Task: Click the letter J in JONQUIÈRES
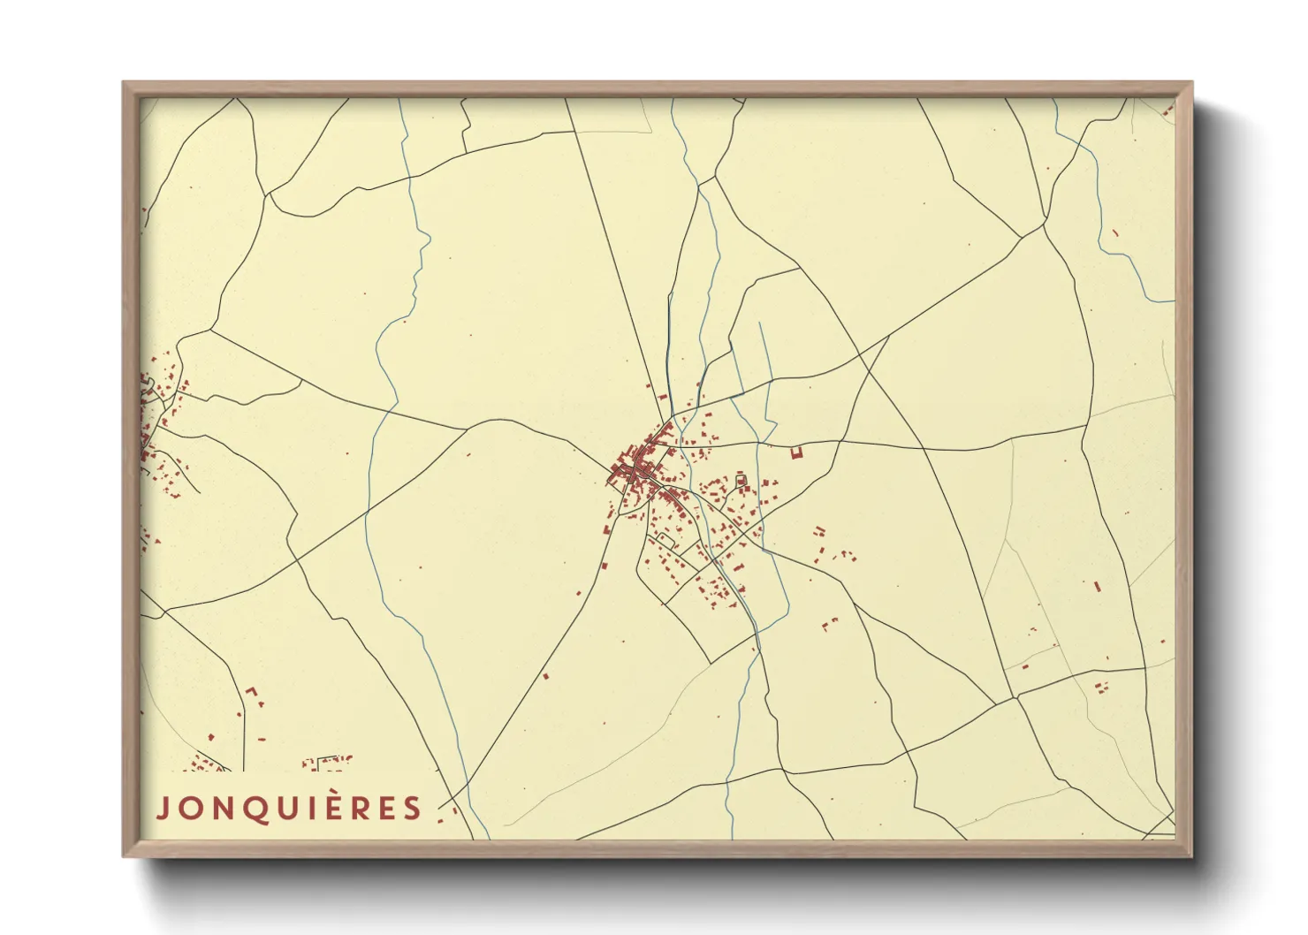[x=162, y=809]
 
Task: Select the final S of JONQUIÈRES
[x=413, y=809]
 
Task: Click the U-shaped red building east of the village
[x=796, y=452]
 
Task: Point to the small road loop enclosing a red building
[x=741, y=481]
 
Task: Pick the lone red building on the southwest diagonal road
[x=545, y=676]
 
